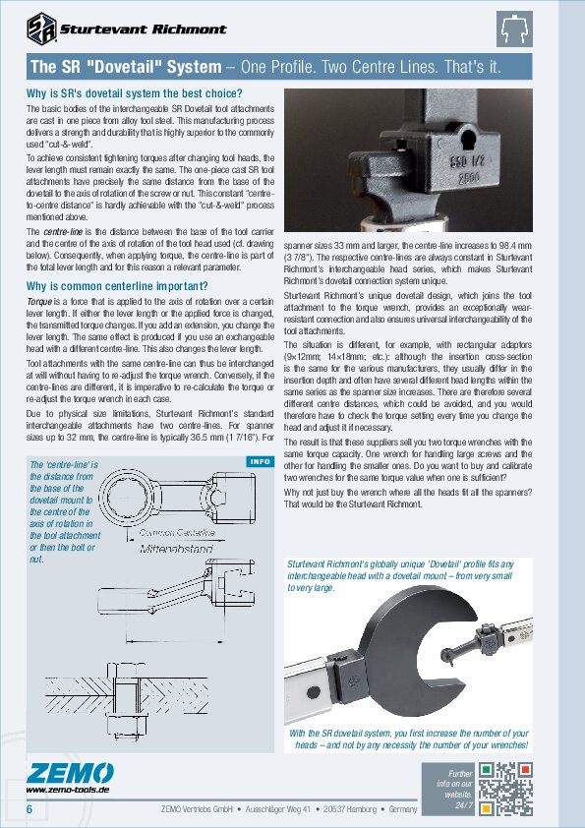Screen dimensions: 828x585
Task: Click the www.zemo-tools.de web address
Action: tap(67, 789)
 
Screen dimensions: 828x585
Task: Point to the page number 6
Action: tap(29, 808)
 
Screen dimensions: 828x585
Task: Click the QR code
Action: tap(508, 787)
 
